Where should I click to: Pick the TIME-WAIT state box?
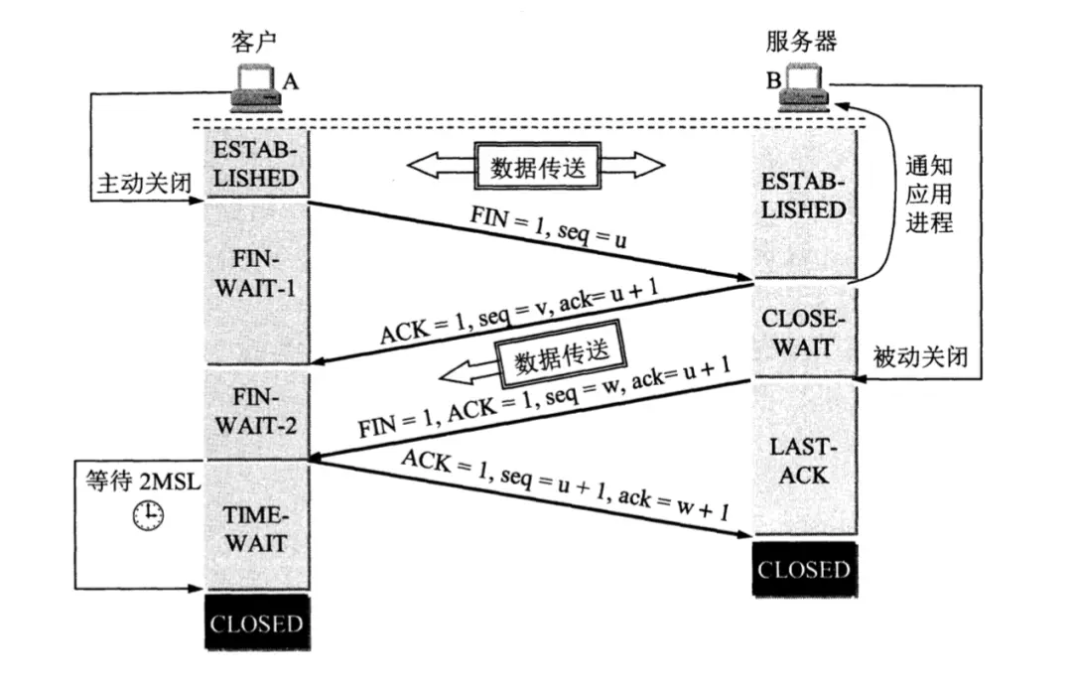(256, 528)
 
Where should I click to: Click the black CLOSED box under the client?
(256, 623)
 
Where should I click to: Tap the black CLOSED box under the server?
(803, 570)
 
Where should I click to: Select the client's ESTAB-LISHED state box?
(256, 166)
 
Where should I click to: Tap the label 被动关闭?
(920, 355)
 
